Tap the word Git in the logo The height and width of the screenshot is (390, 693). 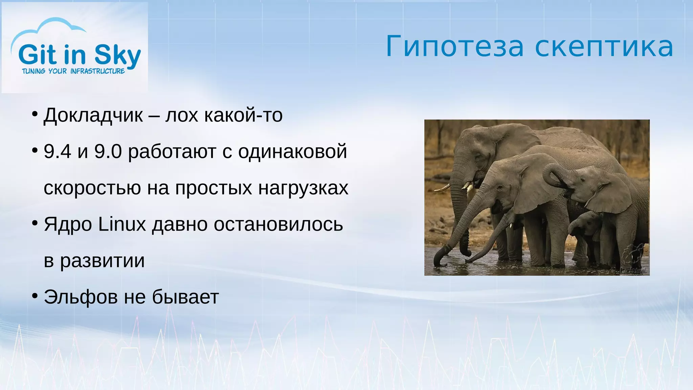click(x=38, y=55)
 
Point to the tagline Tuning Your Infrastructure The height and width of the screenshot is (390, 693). click(x=73, y=71)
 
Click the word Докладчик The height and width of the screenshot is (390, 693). click(x=93, y=115)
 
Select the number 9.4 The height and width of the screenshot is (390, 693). click(x=57, y=151)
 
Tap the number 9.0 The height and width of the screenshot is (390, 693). click(x=108, y=151)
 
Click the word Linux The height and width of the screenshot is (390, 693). click(x=122, y=224)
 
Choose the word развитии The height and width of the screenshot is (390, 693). click(x=102, y=261)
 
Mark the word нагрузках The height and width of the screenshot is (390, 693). click(x=303, y=188)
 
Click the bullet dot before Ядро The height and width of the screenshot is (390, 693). click(x=35, y=223)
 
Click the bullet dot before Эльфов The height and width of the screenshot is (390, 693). click(x=35, y=296)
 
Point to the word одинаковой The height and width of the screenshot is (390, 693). click(x=292, y=151)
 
